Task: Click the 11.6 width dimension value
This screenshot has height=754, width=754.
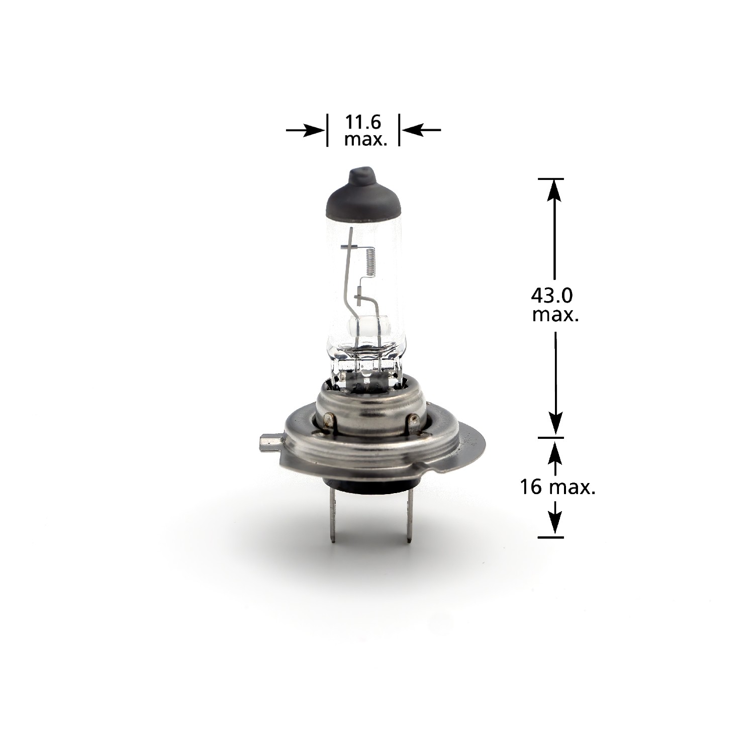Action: (363, 122)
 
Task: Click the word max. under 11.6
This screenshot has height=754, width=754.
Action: (365, 140)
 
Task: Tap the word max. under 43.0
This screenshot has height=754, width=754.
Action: (554, 315)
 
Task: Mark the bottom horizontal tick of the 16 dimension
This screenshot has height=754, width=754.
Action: (551, 537)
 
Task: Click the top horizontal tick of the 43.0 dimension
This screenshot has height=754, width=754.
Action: (551, 178)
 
